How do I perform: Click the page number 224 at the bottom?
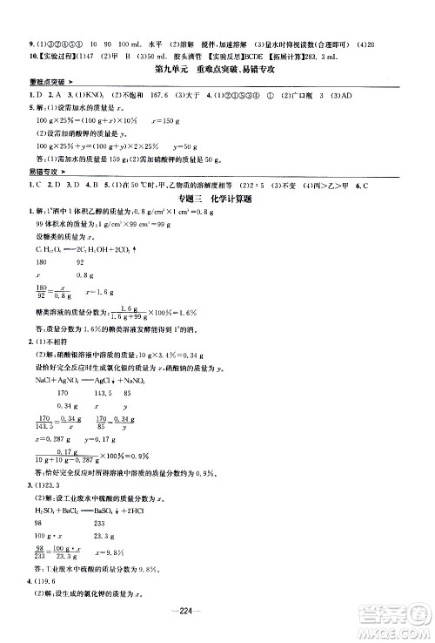[x=217, y=610]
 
